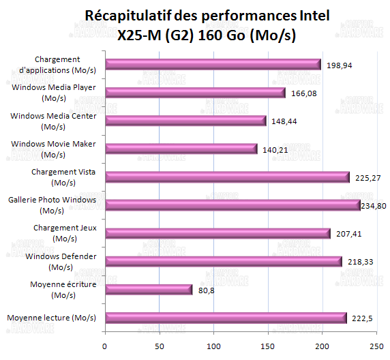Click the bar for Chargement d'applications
(x=213, y=65)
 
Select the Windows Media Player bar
(x=195, y=93)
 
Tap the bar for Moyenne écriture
(x=149, y=290)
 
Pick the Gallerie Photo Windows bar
(x=232, y=205)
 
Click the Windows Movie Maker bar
(x=181, y=149)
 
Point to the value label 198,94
(x=340, y=65)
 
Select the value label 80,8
(x=207, y=290)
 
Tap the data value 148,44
(x=285, y=121)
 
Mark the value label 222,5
(x=362, y=318)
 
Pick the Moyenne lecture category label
(x=51, y=318)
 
